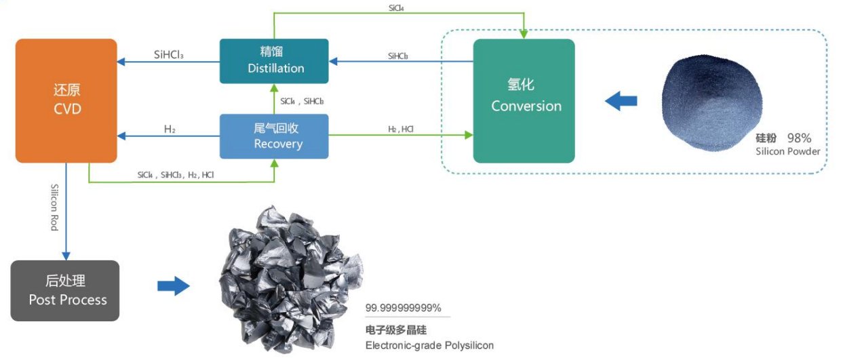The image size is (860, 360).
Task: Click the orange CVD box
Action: [x=66, y=100]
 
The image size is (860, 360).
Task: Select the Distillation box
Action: [x=274, y=61]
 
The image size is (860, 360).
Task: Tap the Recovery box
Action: [x=274, y=136]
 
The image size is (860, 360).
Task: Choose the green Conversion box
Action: [x=524, y=100]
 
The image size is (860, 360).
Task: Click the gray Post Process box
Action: [x=65, y=290]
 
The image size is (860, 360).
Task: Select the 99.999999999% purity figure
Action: [x=403, y=308]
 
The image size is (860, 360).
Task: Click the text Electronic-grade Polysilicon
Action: [x=429, y=345]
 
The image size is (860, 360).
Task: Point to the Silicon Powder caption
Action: [x=787, y=151]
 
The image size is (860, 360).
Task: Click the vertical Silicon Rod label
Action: [x=54, y=207]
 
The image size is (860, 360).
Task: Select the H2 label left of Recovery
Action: [x=170, y=129]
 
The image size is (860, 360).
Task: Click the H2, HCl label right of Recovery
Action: [x=400, y=129]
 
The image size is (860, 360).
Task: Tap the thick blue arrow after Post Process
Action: [x=173, y=286]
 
